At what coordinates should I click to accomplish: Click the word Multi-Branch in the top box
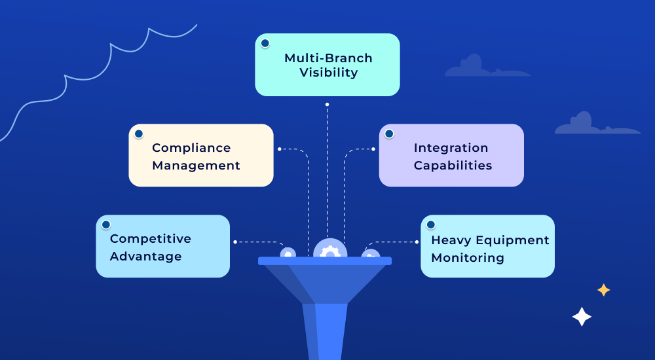coord(328,58)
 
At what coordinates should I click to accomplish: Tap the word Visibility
coord(328,73)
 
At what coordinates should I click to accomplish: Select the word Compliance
coord(191,149)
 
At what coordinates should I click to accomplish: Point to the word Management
coord(196,166)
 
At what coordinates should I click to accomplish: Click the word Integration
coord(451,148)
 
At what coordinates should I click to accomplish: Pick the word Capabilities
coord(453,166)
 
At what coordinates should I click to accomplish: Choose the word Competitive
coord(151,239)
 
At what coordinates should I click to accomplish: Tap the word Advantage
coord(145,256)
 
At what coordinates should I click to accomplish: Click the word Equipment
coord(510,240)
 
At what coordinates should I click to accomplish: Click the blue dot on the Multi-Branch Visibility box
coord(265,43)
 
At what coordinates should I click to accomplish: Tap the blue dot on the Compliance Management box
coord(138,134)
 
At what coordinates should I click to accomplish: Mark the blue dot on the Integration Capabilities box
coord(388,134)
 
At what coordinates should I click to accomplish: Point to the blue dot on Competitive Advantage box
coord(105,225)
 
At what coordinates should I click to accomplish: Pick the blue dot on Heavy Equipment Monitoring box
coord(430,225)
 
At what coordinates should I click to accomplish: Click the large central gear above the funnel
coord(329,251)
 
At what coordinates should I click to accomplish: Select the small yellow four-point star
coord(603,290)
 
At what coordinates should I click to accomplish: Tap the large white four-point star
coord(582,317)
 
